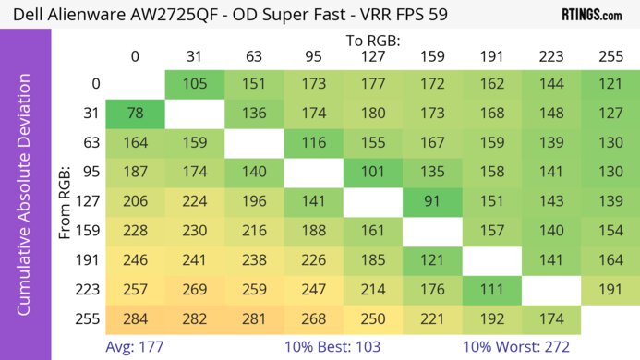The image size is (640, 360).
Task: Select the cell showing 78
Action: click(135, 115)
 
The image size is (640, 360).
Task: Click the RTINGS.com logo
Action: click(591, 15)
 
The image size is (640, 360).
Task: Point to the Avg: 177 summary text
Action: click(137, 347)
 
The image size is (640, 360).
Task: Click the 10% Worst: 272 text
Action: click(520, 347)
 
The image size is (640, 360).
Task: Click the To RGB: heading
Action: click(371, 41)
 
